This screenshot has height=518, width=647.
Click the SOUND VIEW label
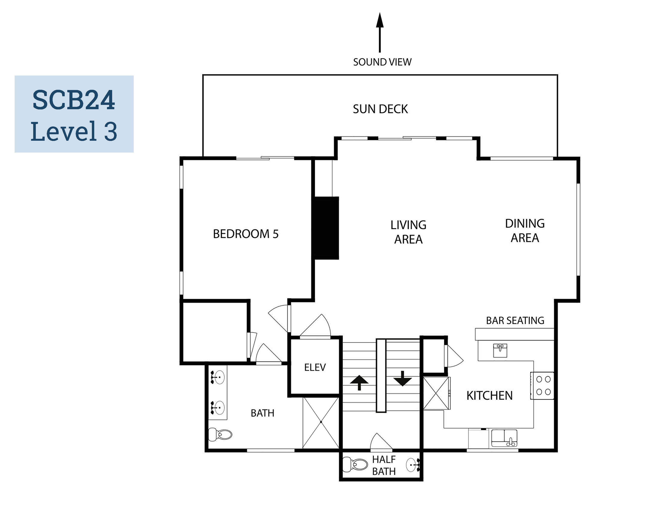pyautogui.click(x=382, y=62)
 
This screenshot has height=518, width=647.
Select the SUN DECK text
pyautogui.click(x=380, y=109)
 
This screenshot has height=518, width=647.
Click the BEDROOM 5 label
pyautogui.click(x=246, y=234)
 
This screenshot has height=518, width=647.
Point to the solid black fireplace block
pyautogui.click(x=326, y=228)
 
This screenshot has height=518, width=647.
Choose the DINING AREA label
pyautogui.click(x=525, y=231)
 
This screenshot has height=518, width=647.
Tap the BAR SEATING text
pyautogui.click(x=515, y=321)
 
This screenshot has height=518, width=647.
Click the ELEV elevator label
pyautogui.click(x=315, y=367)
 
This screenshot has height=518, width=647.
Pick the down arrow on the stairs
pyautogui.click(x=402, y=379)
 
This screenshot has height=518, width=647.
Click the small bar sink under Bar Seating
pyautogui.click(x=500, y=351)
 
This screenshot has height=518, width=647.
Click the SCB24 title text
pyautogui.click(x=74, y=100)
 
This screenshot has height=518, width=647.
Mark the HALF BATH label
pyautogui.click(x=384, y=466)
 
